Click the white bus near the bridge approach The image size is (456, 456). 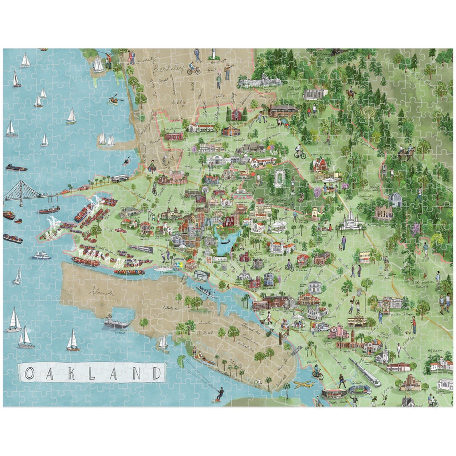pyautogui.click(x=120, y=178)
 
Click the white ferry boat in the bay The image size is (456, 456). pyautogui.click(x=42, y=255)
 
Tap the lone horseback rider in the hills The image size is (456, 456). pyautogui.click(x=351, y=94)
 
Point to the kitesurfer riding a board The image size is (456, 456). pyautogui.click(x=218, y=394)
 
